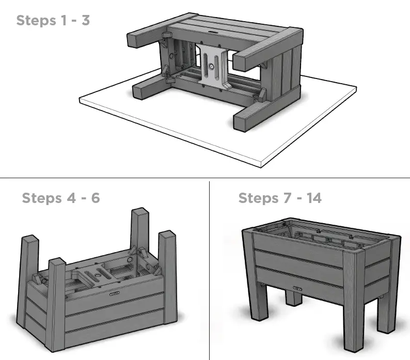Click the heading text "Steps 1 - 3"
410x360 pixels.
click(53, 21)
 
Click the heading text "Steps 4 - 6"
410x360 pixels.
click(60, 198)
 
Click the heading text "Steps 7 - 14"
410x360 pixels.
click(279, 198)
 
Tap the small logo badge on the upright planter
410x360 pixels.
click(298, 289)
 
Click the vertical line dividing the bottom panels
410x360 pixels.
click(209, 269)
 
